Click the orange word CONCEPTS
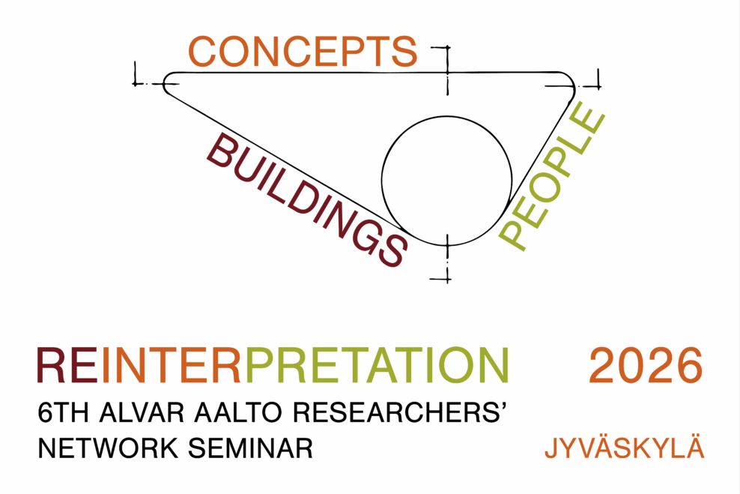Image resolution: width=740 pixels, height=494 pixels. click(303, 51)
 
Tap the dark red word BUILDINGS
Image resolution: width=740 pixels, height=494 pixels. click(307, 199)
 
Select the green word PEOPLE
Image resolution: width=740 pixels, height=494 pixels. click(552, 175)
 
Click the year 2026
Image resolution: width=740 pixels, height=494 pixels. click(646, 366)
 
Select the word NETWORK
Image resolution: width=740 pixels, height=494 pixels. click(108, 448)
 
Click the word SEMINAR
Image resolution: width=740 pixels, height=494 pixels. click(250, 448)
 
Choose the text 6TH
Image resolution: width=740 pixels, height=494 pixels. click(63, 412)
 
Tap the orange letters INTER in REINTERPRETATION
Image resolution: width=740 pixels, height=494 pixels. click(172, 366)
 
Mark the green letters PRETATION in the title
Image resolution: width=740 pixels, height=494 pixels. click(377, 366)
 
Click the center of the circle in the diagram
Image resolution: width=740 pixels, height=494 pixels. click(447, 181)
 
